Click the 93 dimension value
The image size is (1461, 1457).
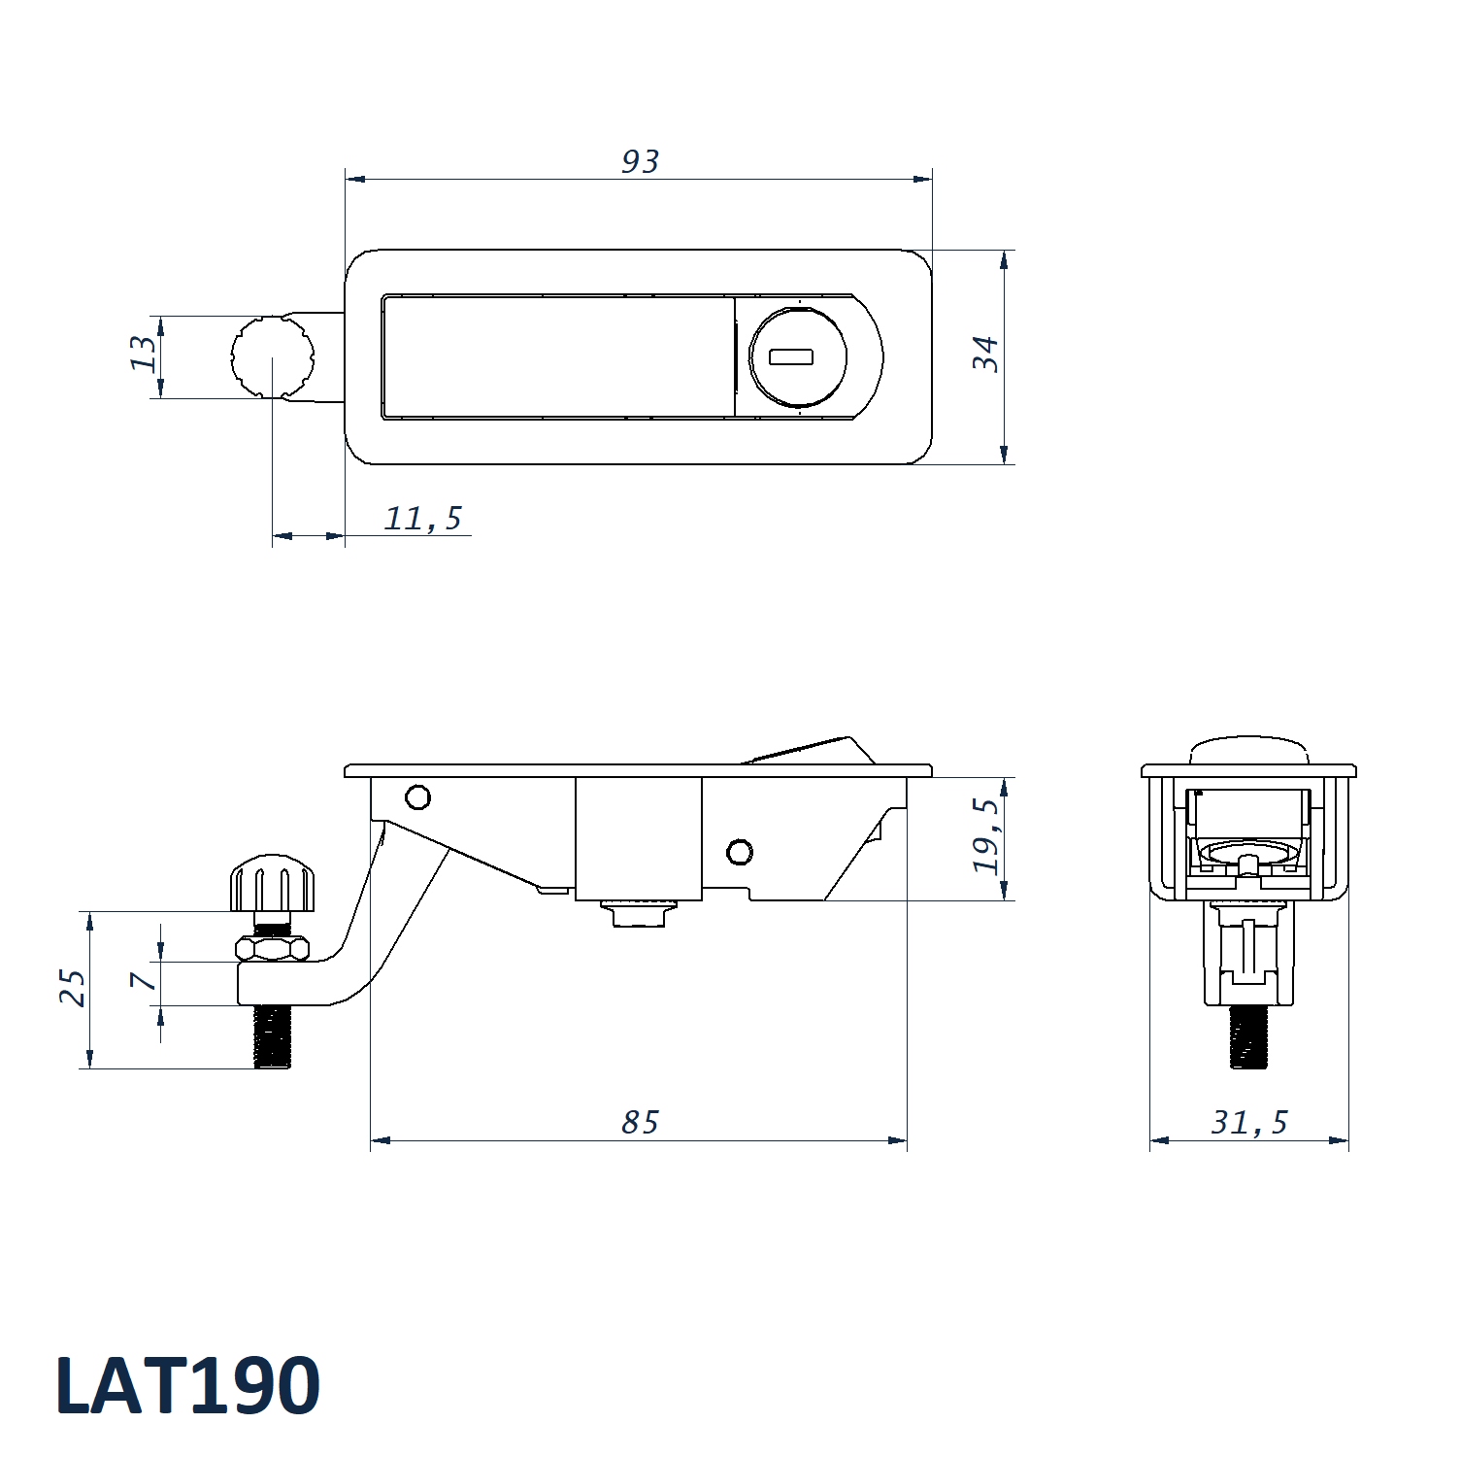640,161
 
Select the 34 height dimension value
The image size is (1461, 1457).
985,354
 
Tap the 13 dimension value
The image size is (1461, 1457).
143,353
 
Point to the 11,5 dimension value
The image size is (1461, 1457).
423,519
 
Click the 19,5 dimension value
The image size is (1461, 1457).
985,835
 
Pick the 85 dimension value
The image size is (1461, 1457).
640,1123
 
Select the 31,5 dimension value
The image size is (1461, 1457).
1249,1123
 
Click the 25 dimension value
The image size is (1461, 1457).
72,987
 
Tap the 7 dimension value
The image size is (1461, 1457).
144,981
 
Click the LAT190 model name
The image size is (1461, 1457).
187,1385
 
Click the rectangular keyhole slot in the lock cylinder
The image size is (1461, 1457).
790,357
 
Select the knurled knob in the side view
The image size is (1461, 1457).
273,883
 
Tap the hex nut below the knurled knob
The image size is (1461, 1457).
273,948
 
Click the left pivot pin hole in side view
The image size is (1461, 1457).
417,797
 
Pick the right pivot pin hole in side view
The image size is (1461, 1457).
740,853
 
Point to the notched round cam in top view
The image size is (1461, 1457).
272,356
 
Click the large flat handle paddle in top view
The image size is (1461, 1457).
558,357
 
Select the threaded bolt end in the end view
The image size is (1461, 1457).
1248,1036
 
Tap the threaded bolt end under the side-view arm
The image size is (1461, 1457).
273,1036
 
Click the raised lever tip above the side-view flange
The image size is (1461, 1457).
815,750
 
